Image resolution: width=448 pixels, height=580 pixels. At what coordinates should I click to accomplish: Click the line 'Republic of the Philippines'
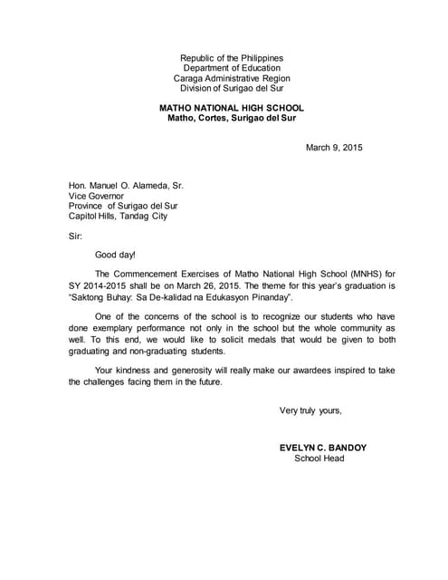[x=232, y=58]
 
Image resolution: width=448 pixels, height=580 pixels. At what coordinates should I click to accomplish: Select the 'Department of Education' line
[x=232, y=68]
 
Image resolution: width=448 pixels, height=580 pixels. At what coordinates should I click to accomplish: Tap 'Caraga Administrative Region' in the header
[x=232, y=79]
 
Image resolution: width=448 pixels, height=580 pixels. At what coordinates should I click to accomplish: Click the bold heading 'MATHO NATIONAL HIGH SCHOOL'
[x=232, y=107]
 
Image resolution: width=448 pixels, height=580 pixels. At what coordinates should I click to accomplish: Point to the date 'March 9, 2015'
[x=334, y=148]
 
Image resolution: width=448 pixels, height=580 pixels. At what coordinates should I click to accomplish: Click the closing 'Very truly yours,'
[x=310, y=411]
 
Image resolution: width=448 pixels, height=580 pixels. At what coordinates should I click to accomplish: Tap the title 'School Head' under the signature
[x=319, y=459]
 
